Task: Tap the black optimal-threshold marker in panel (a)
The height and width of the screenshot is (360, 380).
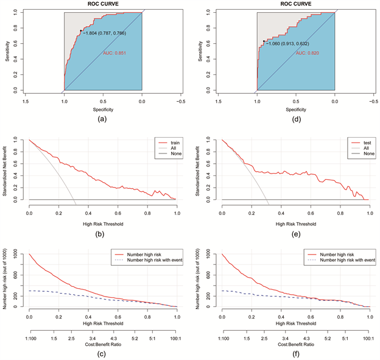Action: [x=81, y=30]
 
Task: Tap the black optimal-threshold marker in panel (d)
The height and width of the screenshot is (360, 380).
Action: [x=264, y=41]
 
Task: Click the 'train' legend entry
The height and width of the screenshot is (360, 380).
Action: [x=167, y=143]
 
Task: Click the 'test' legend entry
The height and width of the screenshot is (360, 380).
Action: [x=358, y=143]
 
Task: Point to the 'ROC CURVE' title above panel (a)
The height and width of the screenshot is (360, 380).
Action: [x=103, y=4]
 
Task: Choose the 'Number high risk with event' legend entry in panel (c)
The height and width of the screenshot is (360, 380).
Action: [x=151, y=259]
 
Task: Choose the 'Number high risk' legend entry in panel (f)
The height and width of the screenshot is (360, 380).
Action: [x=339, y=252]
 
